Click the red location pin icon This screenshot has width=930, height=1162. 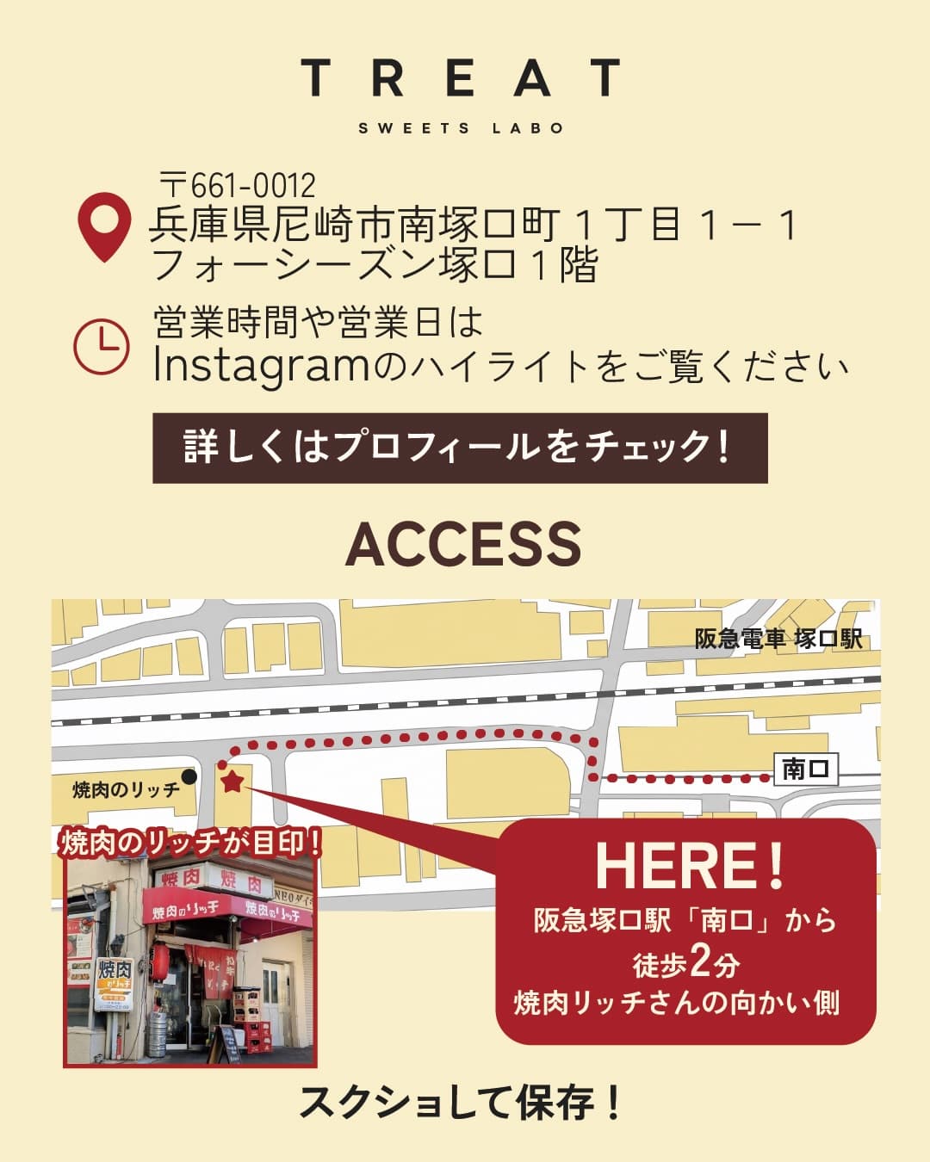coord(104,226)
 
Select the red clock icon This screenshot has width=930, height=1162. coord(102,346)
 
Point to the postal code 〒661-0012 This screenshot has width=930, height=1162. coord(239,185)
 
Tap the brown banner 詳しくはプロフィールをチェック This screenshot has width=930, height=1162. coord(460,448)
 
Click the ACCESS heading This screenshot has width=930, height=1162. coord(463,544)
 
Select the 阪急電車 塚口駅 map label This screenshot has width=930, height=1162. coord(778,639)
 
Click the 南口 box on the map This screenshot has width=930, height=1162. coord(805,768)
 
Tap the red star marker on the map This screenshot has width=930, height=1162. coord(232,782)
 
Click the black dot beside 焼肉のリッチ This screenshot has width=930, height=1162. coord(189,776)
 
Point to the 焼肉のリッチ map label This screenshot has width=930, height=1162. coord(126,789)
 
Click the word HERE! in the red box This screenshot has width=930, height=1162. coord(689,866)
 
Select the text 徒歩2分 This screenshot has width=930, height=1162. coord(686,963)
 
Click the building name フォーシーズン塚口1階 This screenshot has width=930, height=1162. coord(374,265)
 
